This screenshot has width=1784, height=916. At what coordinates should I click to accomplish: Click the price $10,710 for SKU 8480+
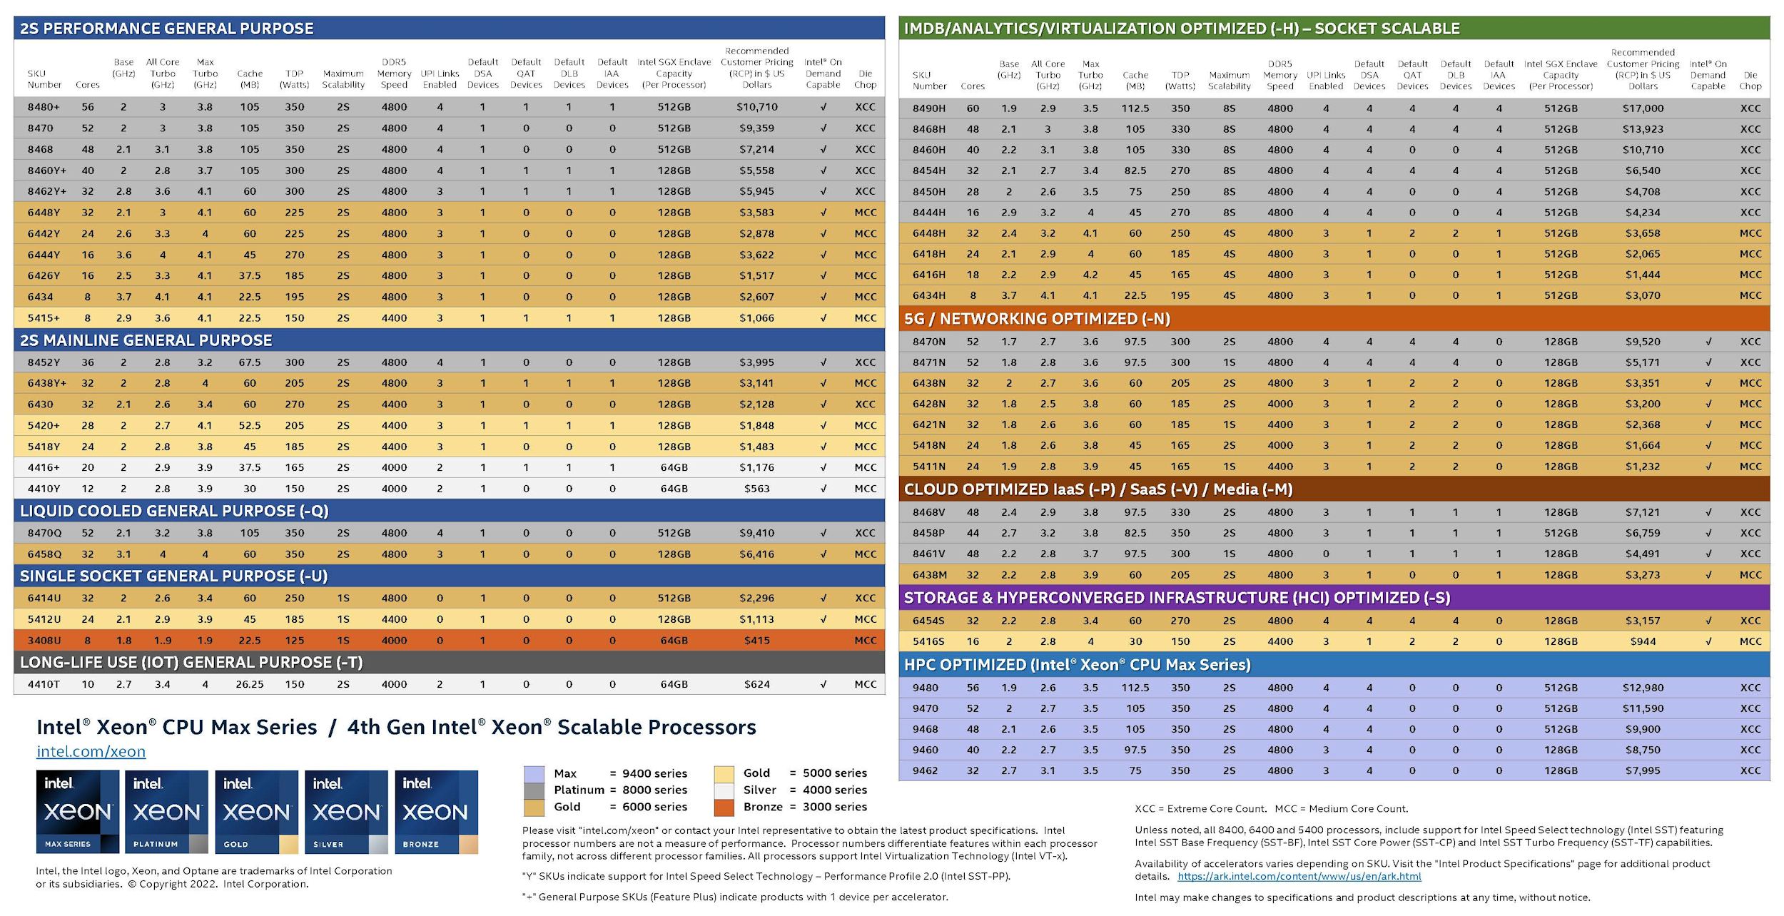pyautogui.click(x=756, y=107)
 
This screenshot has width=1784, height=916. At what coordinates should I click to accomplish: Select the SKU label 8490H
pyautogui.click(x=928, y=108)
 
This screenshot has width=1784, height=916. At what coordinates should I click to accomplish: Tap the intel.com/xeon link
pyautogui.click(x=91, y=751)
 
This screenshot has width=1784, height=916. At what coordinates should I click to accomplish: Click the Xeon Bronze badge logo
pyautogui.click(x=436, y=812)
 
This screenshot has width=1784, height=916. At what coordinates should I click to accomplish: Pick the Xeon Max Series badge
pyautogui.click(x=78, y=812)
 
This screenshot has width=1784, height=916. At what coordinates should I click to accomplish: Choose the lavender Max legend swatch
pyautogui.click(x=534, y=774)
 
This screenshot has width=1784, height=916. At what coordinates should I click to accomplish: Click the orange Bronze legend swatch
pyautogui.click(x=724, y=808)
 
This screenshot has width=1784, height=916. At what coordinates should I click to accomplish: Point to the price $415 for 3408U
pyautogui.click(x=756, y=641)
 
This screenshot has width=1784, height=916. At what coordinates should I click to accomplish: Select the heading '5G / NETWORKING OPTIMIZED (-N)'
pyautogui.click(x=1036, y=319)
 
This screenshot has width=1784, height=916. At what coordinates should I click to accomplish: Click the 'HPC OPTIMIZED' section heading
pyautogui.click(x=1077, y=665)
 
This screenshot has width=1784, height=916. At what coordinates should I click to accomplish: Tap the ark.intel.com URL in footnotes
pyautogui.click(x=1299, y=877)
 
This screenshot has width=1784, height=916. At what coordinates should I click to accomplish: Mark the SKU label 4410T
pyautogui.click(x=44, y=684)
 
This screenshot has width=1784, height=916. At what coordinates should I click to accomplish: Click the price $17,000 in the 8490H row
pyautogui.click(x=1643, y=108)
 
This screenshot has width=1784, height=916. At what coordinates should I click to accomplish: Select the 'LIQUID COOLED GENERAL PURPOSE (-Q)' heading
pyautogui.click(x=174, y=511)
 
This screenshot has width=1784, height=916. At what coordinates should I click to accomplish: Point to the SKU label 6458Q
pyautogui.click(x=44, y=554)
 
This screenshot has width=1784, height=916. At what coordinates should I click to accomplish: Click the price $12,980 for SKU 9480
pyautogui.click(x=1643, y=688)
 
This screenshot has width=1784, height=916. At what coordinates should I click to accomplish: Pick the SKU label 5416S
pyautogui.click(x=928, y=641)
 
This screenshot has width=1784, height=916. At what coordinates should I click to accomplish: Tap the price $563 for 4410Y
pyautogui.click(x=756, y=489)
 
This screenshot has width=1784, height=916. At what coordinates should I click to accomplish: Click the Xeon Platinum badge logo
pyautogui.click(x=167, y=812)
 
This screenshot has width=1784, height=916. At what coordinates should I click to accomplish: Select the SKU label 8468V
pyautogui.click(x=928, y=512)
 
